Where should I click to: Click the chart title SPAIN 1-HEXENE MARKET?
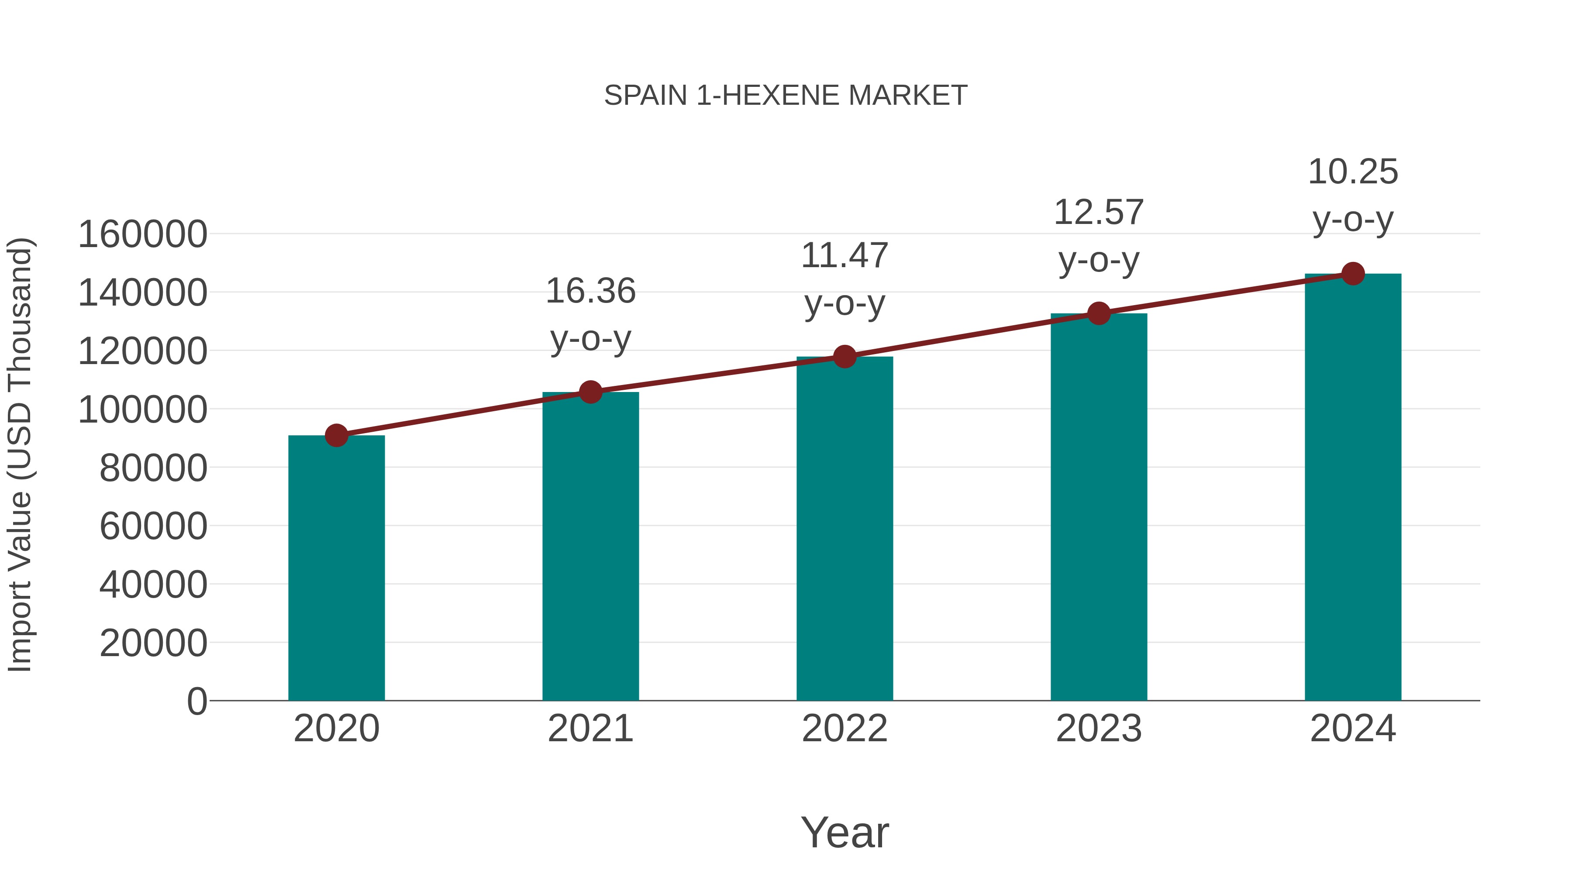click(786, 96)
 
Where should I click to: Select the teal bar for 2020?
click(336, 568)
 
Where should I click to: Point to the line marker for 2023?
click(1099, 313)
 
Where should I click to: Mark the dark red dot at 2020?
click(336, 436)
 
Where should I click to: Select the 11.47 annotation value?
click(845, 256)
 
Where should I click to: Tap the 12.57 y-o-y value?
click(1099, 213)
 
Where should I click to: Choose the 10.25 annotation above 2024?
click(1353, 172)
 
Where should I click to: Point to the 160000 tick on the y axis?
click(143, 235)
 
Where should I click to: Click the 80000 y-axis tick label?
click(153, 468)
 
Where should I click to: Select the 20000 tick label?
click(153, 643)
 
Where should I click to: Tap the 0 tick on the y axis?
click(197, 702)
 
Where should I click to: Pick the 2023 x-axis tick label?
click(1099, 729)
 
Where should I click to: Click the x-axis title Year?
click(845, 833)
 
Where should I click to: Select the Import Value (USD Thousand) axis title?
click(20, 455)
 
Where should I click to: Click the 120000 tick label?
click(143, 352)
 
